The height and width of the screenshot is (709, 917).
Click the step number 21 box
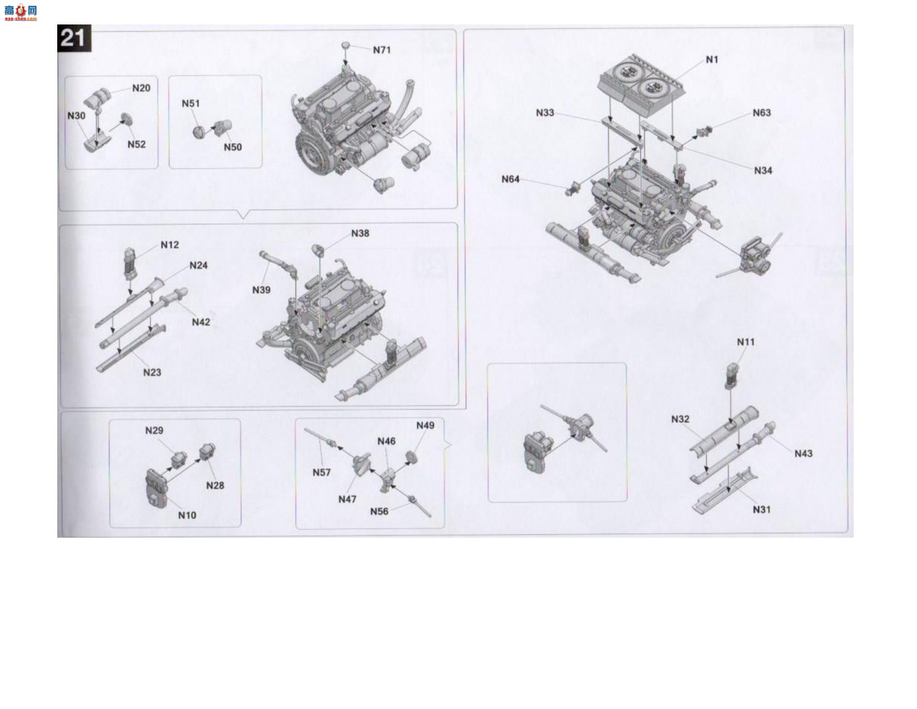(74, 38)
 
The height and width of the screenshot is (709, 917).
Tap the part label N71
(382, 50)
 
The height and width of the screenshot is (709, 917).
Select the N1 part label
(712, 60)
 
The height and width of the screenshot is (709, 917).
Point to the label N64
(510, 179)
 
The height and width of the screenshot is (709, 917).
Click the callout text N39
(261, 290)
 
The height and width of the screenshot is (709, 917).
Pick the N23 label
(152, 373)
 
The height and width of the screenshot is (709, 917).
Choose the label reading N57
(322, 473)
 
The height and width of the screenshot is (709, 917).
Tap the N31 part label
(762, 510)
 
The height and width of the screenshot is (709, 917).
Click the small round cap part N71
(346, 45)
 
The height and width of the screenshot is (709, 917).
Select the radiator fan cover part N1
(641, 85)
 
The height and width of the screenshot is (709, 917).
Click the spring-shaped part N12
(131, 264)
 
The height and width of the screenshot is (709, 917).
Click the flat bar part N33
(622, 131)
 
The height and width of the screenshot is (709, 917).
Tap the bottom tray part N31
(725, 490)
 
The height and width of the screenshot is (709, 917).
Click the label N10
(187, 515)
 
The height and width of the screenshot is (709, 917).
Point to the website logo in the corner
(21, 12)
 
